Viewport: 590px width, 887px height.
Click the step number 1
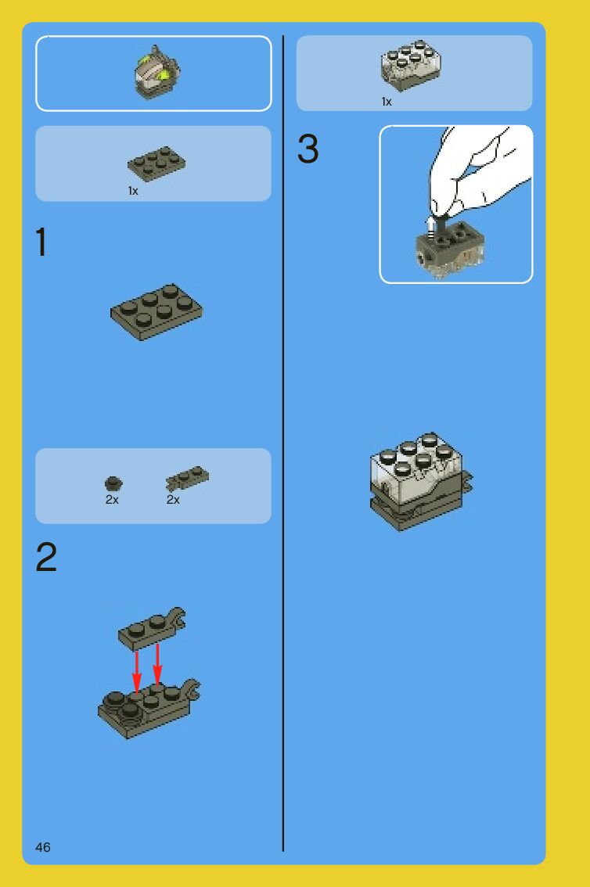point(41,242)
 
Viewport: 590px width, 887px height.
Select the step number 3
point(308,149)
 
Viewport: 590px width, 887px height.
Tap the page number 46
point(43,847)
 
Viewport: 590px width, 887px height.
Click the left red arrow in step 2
point(136,672)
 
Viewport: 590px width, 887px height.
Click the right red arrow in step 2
point(157,665)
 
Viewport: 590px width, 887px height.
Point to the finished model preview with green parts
point(156,72)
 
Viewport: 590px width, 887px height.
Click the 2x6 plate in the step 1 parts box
point(156,163)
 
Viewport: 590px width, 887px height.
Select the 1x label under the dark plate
point(133,191)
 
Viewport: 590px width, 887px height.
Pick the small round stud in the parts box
point(113,483)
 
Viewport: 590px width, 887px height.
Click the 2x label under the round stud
point(112,500)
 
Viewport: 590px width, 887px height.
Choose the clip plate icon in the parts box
point(187,478)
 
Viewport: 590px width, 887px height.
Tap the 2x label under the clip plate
point(173,500)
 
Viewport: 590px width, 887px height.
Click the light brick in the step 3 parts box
point(412,66)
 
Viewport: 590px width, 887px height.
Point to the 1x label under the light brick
point(387,102)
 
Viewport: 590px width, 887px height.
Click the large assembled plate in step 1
point(156,311)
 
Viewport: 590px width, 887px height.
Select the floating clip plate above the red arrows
point(152,629)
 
